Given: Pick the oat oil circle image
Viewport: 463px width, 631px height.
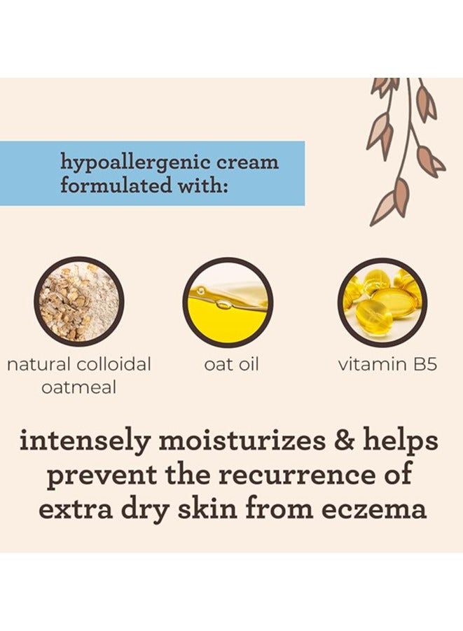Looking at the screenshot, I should point(227,302).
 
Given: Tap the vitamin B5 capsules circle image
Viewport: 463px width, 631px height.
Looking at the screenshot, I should point(383,302).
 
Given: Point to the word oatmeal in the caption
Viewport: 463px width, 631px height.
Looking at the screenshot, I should point(78,387).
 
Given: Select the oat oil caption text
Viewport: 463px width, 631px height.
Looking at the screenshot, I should point(230,365).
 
